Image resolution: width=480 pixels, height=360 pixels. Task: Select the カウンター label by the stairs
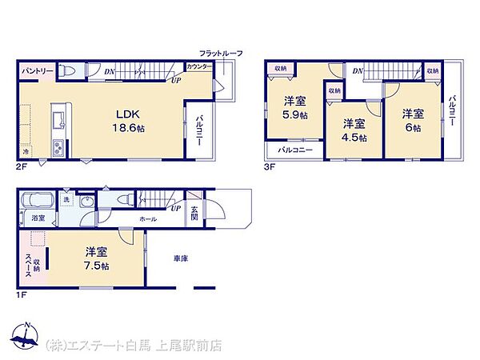199,66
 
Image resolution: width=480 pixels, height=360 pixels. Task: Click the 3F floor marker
270,168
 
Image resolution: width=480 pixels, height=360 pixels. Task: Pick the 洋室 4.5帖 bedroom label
354,130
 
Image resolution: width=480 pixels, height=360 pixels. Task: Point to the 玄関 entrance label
194,214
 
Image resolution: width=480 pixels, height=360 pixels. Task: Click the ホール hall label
149,217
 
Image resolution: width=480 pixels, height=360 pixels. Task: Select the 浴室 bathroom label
38,218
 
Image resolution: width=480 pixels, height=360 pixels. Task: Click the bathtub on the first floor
38,200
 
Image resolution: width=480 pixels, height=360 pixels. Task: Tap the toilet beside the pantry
71,72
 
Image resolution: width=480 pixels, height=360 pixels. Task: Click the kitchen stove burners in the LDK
58,148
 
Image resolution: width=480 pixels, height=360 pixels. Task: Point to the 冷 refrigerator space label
26,150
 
